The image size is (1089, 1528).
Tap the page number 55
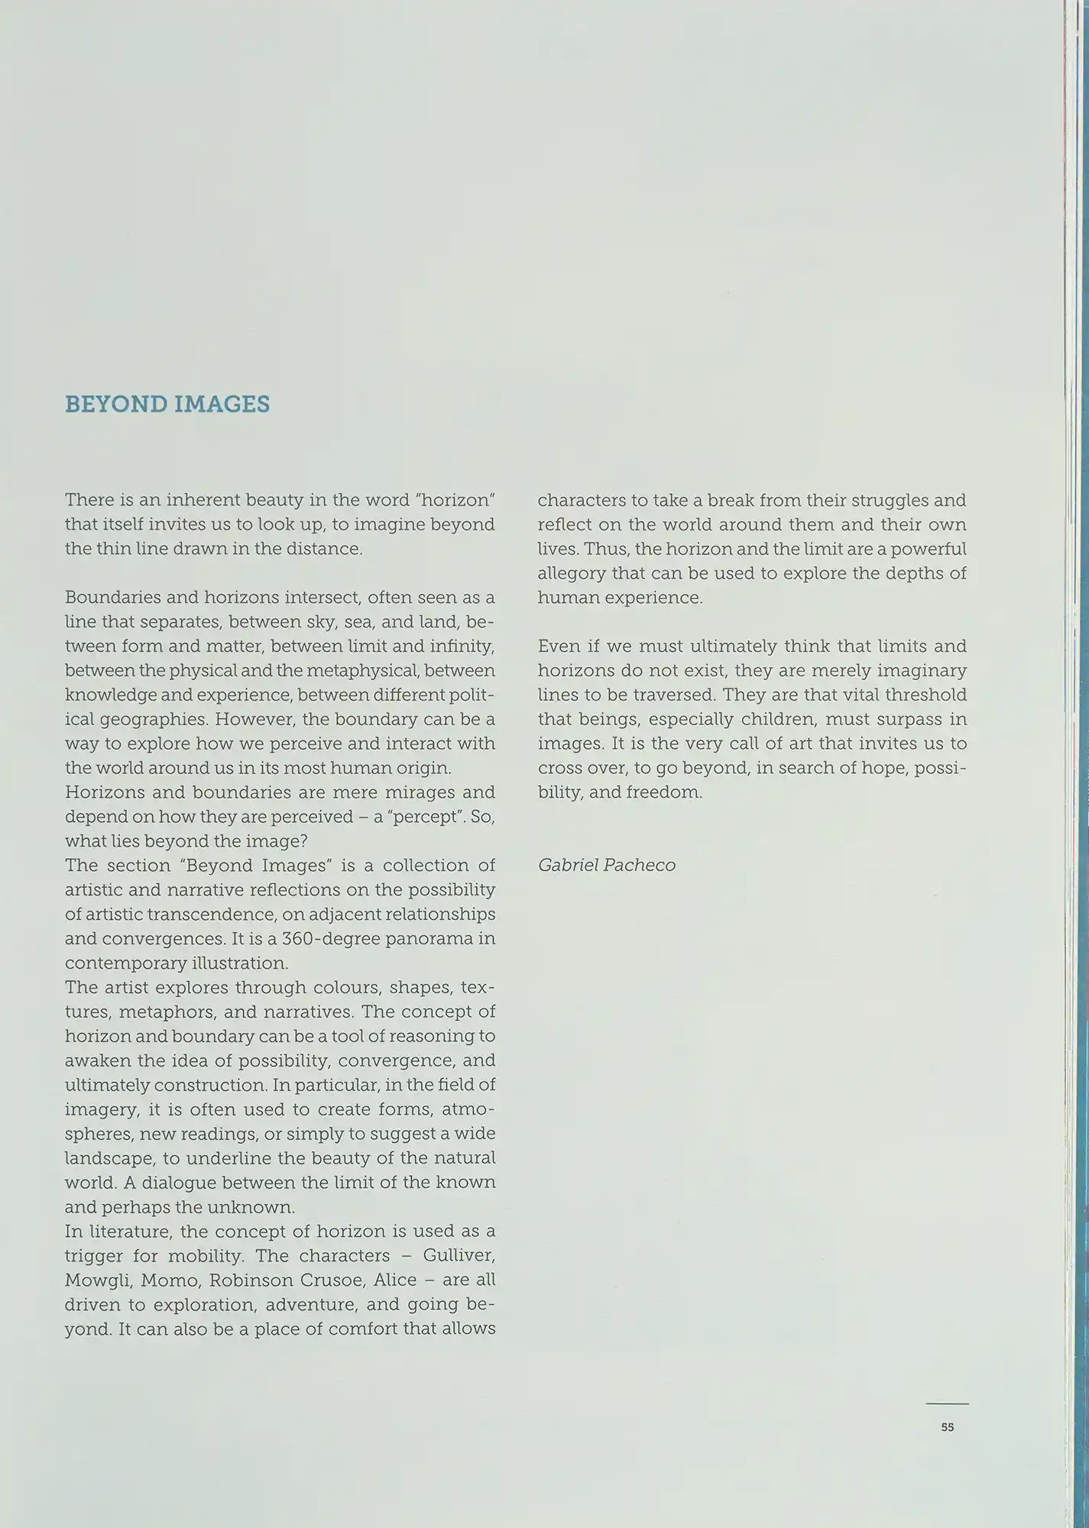coord(948,1427)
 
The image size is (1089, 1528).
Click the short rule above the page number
coord(947,1403)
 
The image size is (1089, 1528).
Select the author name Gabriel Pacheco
coord(607,866)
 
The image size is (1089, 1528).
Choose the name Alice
coord(395,1280)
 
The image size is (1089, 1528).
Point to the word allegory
coord(572,573)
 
